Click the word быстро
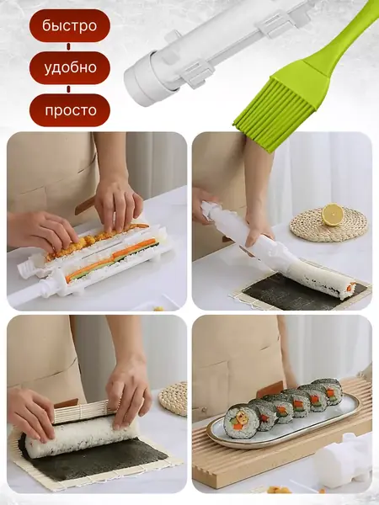(x=70, y=26)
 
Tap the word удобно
(x=70, y=67)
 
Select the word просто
(x=71, y=110)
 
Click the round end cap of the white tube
(x=141, y=82)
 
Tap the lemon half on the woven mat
(x=333, y=215)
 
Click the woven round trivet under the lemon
(x=328, y=226)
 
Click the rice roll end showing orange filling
(x=350, y=286)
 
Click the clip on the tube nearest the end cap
(x=197, y=73)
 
